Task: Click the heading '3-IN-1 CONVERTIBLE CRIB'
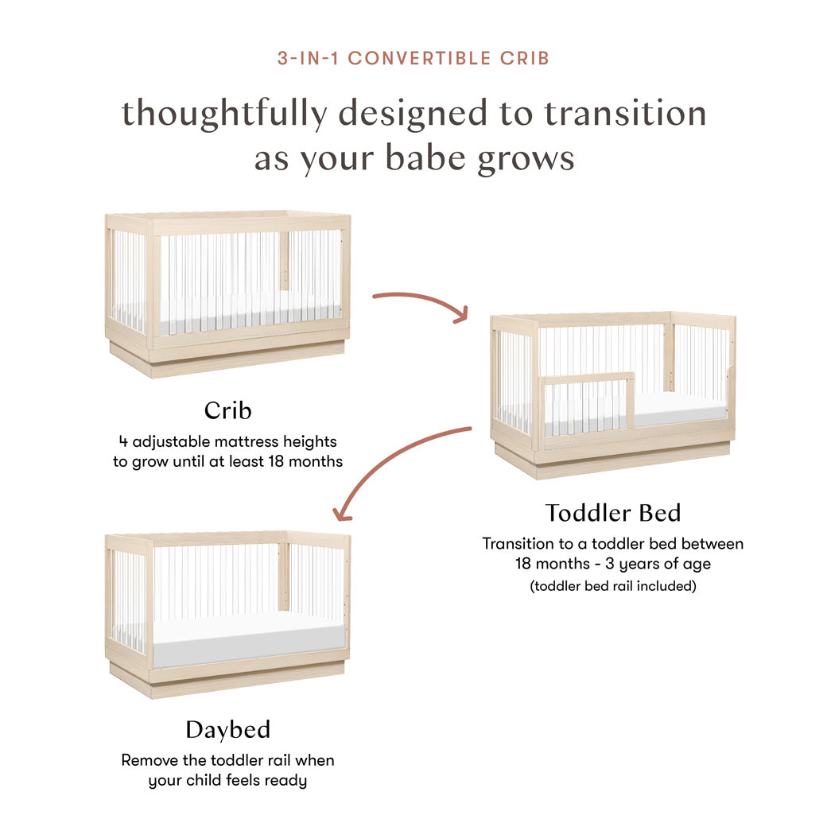(413, 58)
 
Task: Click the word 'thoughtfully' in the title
(223, 113)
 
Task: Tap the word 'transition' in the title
(625, 113)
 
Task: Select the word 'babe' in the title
(428, 157)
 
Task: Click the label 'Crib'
(227, 410)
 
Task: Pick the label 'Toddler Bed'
(612, 513)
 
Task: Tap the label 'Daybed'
(227, 729)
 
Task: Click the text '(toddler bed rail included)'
(612, 586)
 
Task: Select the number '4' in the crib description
(122, 441)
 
